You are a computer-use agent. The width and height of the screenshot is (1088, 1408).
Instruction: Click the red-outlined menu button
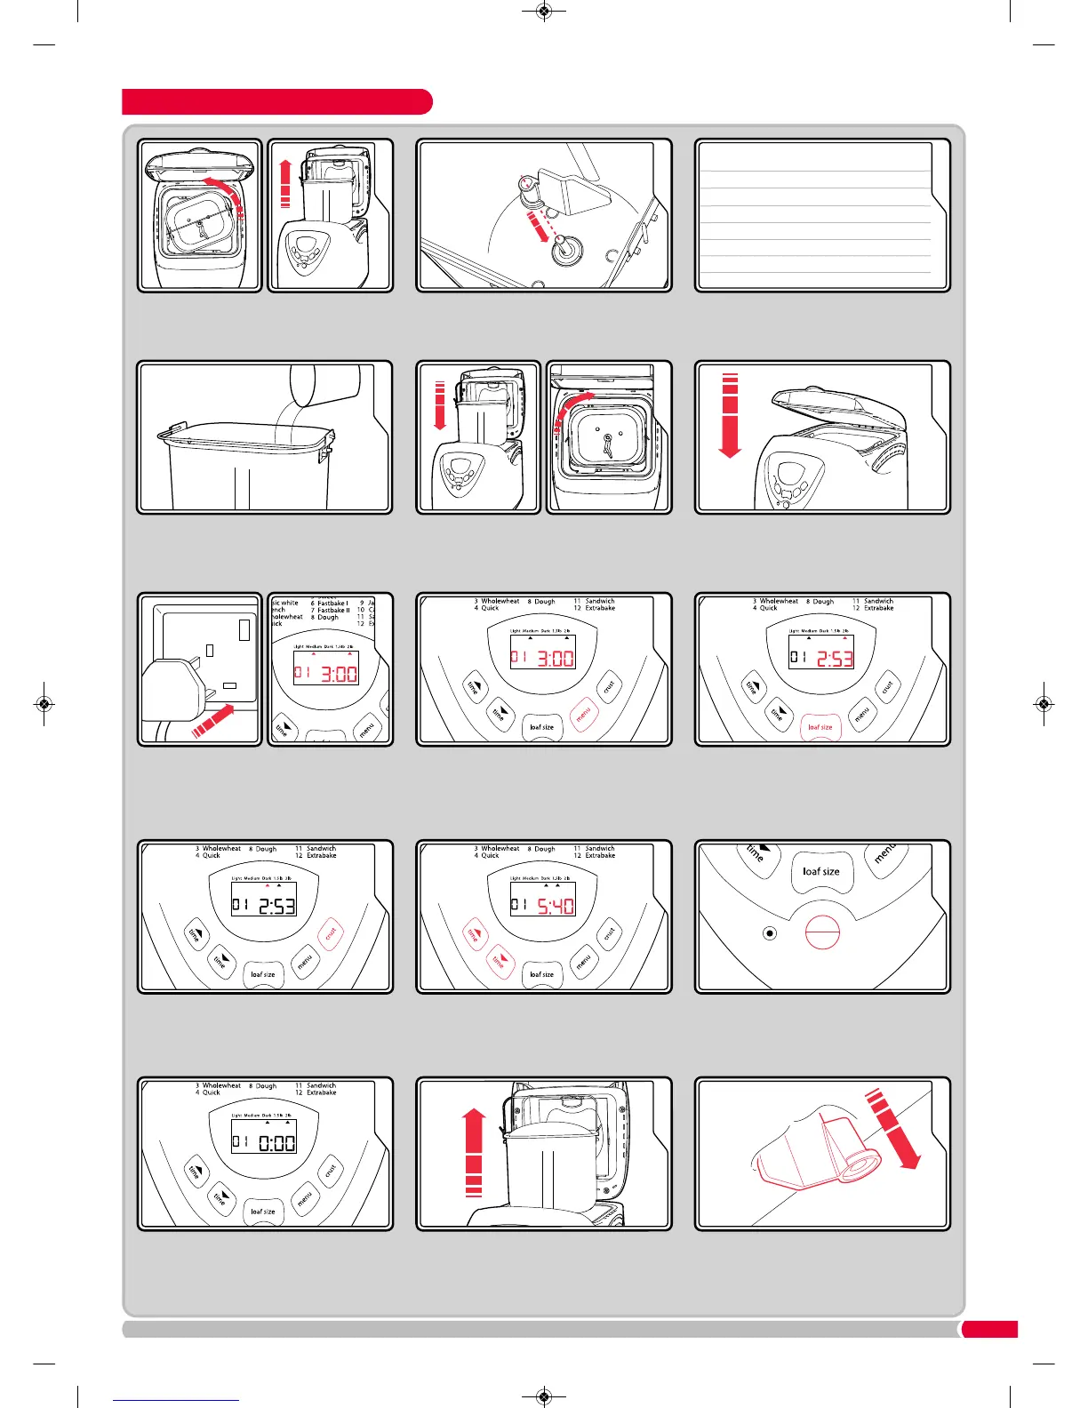tap(582, 713)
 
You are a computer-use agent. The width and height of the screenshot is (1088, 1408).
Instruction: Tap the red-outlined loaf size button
tap(820, 727)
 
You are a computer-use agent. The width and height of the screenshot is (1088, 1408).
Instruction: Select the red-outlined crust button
tap(330, 934)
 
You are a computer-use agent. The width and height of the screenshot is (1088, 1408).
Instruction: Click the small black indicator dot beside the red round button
tap(770, 933)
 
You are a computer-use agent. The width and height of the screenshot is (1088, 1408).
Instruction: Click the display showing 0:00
tap(264, 1142)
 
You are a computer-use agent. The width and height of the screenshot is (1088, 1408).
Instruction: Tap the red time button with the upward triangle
tap(473, 934)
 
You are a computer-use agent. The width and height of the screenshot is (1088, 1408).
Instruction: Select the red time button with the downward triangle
tap(499, 961)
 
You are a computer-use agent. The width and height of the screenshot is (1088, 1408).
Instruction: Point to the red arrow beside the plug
tap(214, 719)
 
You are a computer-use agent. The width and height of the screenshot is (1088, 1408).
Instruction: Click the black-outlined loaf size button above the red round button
tap(820, 871)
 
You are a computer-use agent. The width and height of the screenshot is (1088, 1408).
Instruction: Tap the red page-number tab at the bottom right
tap(989, 1330)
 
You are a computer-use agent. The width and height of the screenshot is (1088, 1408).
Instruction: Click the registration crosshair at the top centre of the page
tap(545, 12)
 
